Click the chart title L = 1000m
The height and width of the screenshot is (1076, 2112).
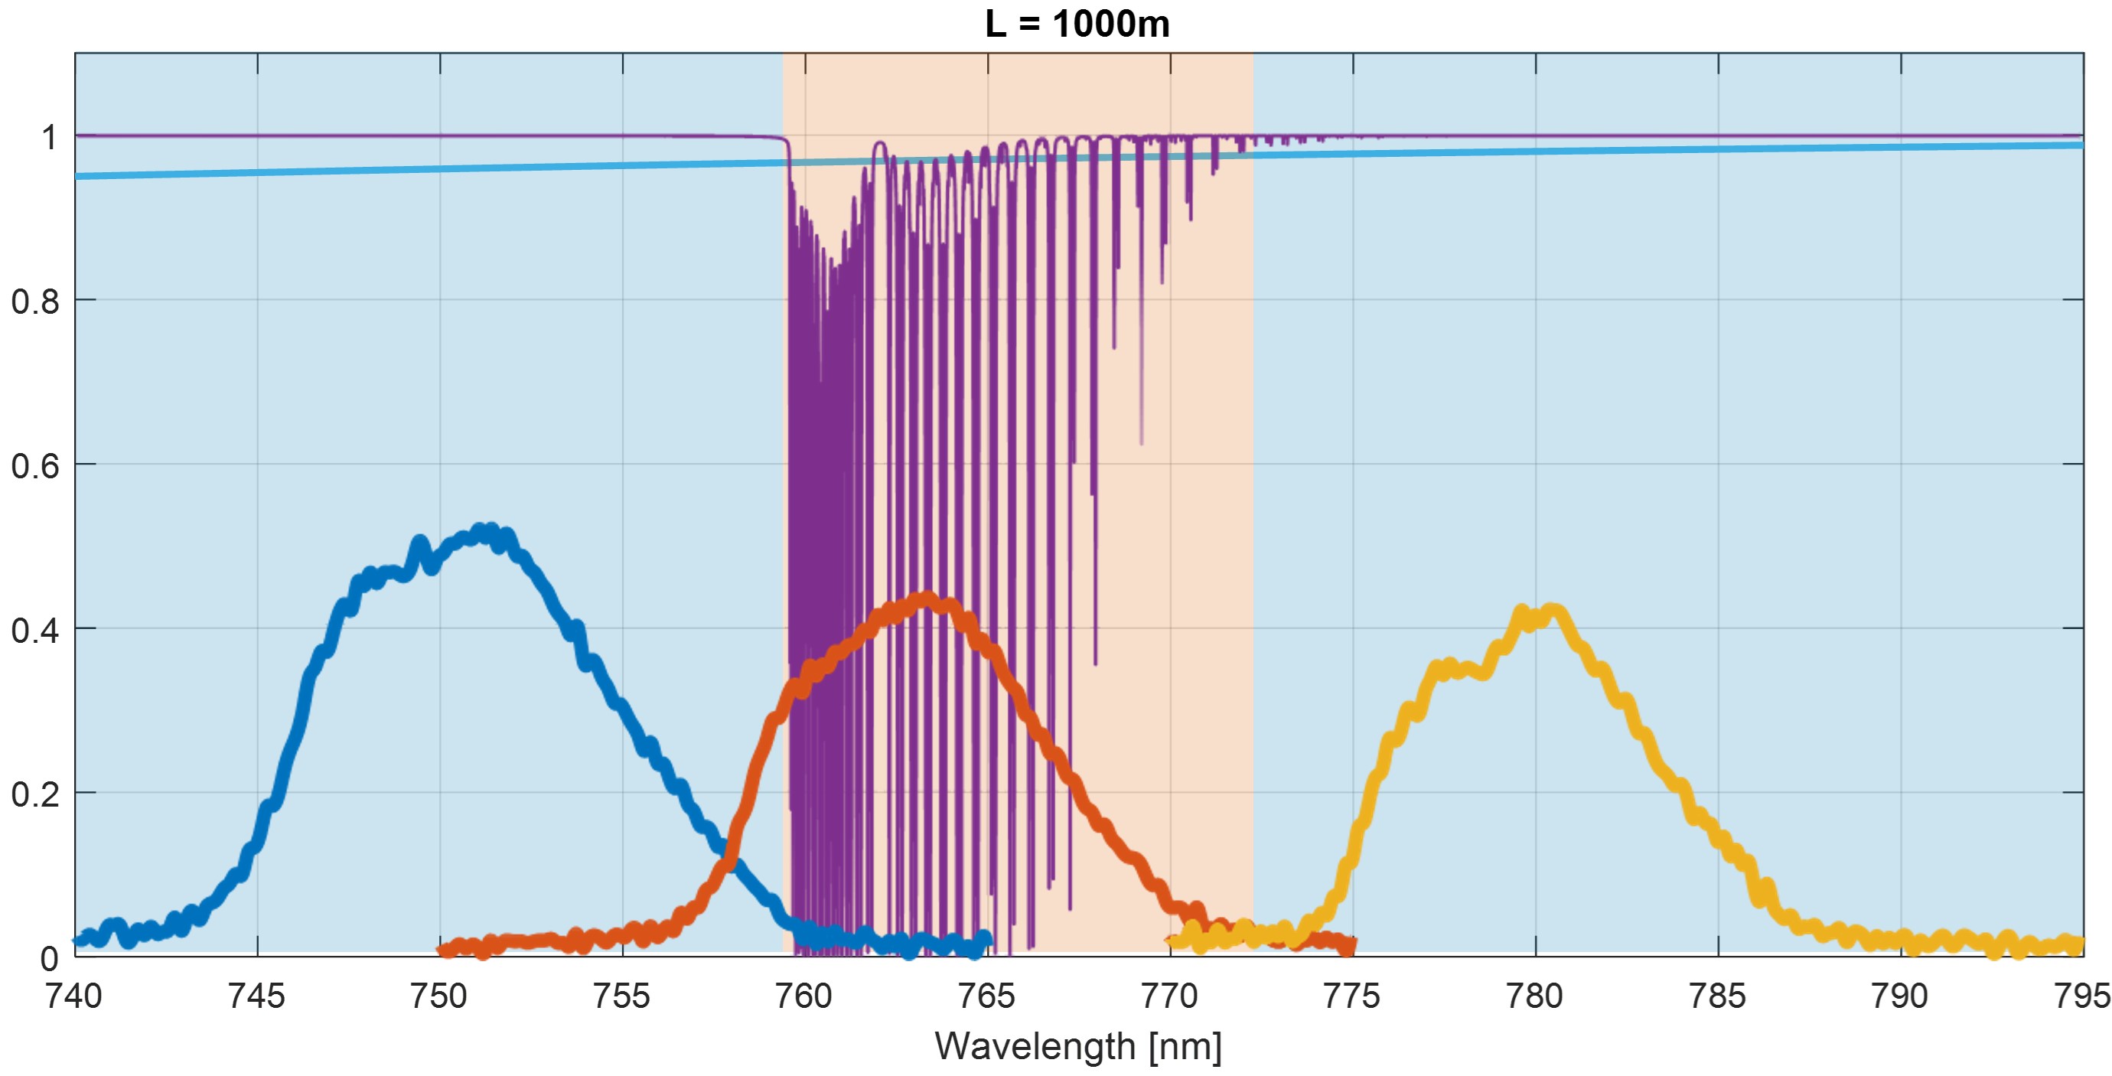[x=1077, y=24]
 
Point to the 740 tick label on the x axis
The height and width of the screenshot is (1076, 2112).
[x=75, y=996]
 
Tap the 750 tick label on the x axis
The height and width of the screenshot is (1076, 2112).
[x=439, y=996]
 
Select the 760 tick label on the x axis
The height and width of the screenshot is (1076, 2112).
[x=804, y=996]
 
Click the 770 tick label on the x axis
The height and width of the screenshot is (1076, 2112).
[x=1170, y=996]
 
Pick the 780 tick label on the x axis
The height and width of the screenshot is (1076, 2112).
[x=1535, y=996]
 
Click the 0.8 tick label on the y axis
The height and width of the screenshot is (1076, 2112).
[x=35, y=302]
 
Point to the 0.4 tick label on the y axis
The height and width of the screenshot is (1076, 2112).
[x=35, y=630]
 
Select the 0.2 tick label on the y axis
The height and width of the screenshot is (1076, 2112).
[x=35, y=794]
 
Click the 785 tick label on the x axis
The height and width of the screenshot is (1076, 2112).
[x=1718, y=996]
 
